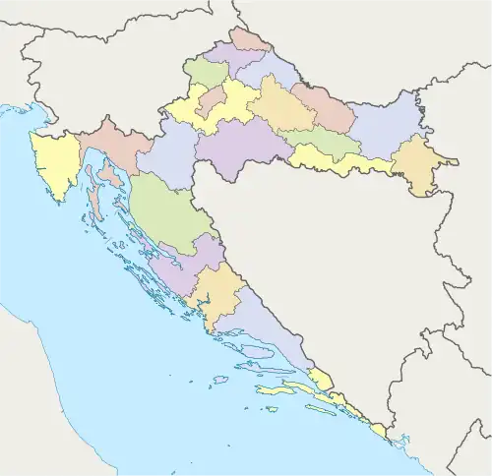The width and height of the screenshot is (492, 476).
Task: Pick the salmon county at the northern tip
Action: pos(248,40)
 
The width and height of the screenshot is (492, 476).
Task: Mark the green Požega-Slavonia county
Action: pos(320,143)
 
